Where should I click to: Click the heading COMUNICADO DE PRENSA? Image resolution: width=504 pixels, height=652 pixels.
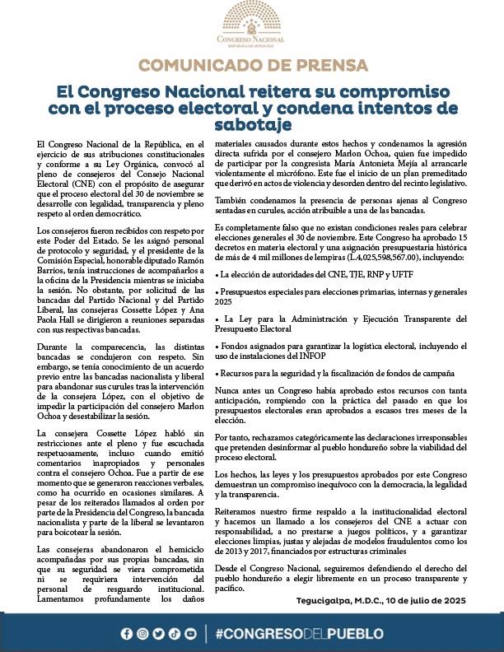point(252,66)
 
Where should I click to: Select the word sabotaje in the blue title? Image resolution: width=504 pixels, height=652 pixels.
point(252,123)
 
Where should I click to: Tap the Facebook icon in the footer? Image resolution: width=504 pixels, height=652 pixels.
point(126,633)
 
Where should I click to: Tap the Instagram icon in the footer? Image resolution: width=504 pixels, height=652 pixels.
point(142,633)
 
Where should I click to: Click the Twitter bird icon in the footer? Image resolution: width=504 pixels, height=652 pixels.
point(159,633)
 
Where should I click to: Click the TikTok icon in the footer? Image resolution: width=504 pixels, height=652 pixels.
point(175,633)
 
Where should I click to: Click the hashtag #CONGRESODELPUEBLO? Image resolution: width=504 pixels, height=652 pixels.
point(298,633)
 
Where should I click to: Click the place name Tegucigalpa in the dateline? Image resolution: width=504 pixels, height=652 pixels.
point(325,601)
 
